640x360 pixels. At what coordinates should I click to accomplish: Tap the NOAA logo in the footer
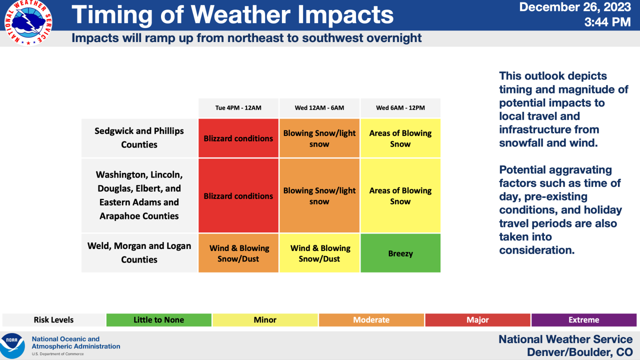(12, 345)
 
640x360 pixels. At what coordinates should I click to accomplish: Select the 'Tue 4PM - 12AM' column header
(238, 108)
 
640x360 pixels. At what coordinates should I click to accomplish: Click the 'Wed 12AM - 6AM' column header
(319, 108)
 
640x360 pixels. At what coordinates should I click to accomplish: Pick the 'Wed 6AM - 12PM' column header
(400, 108)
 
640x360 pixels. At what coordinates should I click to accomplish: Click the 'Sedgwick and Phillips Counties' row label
(139, 138)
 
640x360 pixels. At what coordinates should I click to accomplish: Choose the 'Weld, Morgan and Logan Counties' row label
(139, 253)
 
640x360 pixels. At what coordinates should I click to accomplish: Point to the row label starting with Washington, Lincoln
(139, 195)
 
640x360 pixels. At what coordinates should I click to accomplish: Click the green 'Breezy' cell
(400, 253)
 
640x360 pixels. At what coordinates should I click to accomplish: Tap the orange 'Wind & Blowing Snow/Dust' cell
(238, 253)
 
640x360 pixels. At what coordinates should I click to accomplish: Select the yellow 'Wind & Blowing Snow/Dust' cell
(319, 253)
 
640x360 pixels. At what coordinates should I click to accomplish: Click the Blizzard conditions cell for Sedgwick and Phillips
(238, 138)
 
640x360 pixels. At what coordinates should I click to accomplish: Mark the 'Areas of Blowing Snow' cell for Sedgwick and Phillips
(400, 138)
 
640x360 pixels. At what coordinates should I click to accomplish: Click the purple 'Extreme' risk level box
(583, 320)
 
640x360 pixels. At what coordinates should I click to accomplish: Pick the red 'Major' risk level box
(477, 320)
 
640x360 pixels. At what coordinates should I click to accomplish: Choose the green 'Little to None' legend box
(158, 320)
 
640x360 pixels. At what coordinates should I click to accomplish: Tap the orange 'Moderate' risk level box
(371, 320)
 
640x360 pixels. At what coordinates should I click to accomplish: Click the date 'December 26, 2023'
(575, 7)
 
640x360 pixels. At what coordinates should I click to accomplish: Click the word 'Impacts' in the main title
(345, 15)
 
